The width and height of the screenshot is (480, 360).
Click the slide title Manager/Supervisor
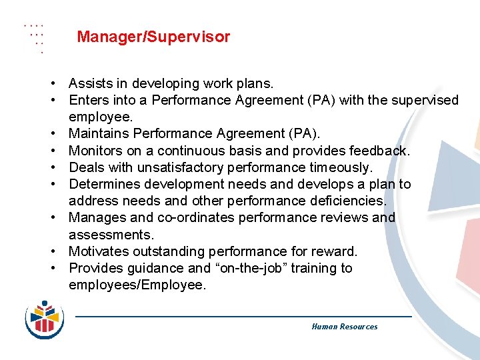coord(153,37)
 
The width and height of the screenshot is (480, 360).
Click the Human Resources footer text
coord(344,327)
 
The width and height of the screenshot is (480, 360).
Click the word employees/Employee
coord(137,285)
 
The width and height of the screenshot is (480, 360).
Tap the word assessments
coord(111,235)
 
